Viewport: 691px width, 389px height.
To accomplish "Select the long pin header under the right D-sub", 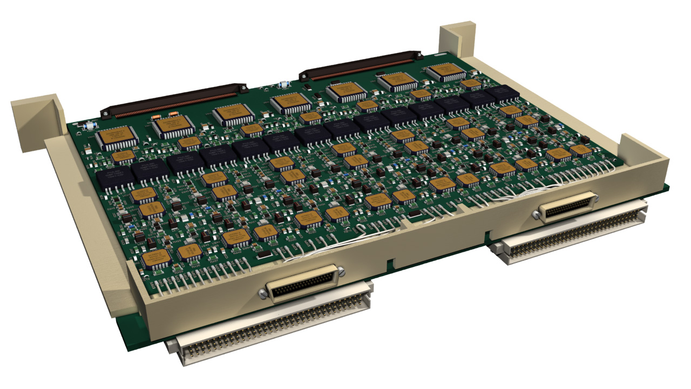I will (x=572, y=233).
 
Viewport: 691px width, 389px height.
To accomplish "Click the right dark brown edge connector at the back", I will (x=361, y=65).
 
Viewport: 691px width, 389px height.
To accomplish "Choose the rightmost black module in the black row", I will (x=502, y=94).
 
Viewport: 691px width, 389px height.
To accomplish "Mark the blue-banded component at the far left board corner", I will (x=89, y=127).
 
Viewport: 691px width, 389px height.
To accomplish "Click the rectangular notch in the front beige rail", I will (x=388, y=264).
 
